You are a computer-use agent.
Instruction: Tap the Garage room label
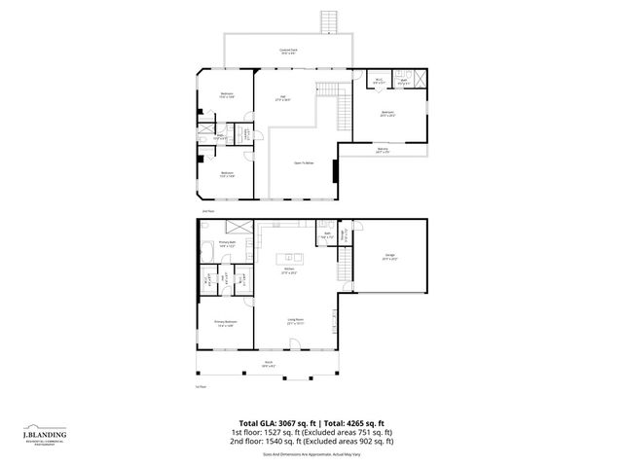388,257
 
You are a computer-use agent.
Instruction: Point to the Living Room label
294,320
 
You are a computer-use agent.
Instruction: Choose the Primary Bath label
227,244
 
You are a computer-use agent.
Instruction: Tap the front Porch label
268,365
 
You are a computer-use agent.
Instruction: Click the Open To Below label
304,162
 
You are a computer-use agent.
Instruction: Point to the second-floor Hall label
282,97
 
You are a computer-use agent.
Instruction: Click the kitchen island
290,258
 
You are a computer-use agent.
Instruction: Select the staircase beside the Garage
345,264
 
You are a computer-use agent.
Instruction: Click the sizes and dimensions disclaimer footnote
311,453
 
